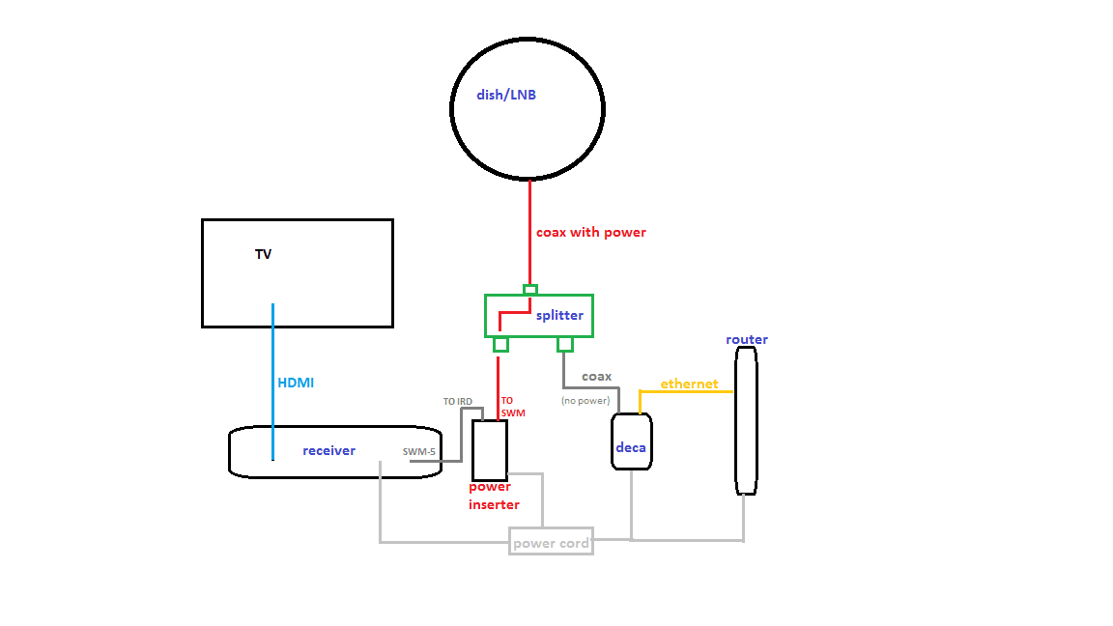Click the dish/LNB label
pos(505,96)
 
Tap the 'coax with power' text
pos(591,233)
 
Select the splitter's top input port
pos(529,289)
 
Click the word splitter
pos(559,316)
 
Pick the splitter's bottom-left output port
pos(500,345)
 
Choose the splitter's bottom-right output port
pos(565,344)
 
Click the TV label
pos(263,255)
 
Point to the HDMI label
pos(296,383)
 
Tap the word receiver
pos(328,451)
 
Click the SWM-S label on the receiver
pos(419,451)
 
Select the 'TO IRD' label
pos(457,402)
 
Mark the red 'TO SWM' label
pos(513,407)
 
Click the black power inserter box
pos(490,450)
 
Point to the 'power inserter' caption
pos(494,496)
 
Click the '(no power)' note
pos(585,400)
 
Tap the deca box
pos(632,442)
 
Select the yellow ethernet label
pos(689,384)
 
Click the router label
pos(747,340)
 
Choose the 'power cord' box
pos(551,543)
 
